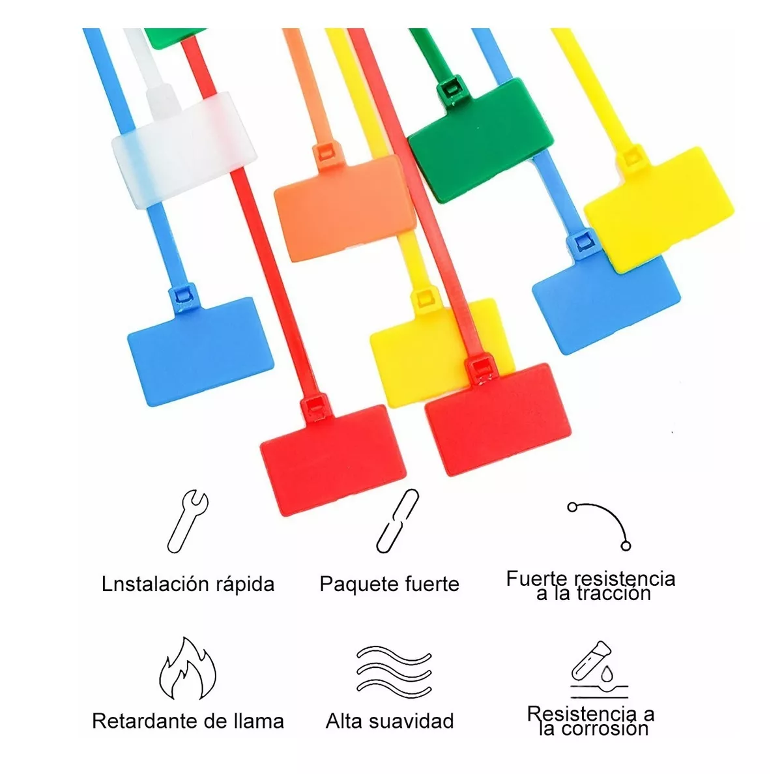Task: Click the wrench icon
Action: [x=188, y=521]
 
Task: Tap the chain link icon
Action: [x=398, y=521]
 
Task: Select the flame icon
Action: [x=187, y=668]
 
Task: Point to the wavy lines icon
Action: [x=394, y=669]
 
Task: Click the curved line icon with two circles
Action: [x=600, y=527]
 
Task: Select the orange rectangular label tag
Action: [x=345, y=208]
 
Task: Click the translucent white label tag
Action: [x=184, y=149]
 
